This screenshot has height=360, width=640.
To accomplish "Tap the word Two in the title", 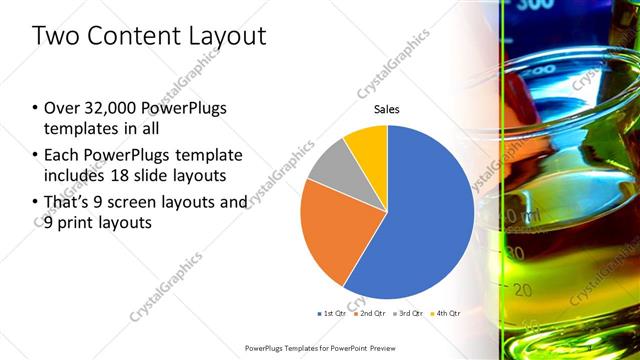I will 57,37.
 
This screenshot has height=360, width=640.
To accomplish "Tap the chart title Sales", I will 387,109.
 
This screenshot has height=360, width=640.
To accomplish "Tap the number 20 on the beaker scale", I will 521,290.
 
